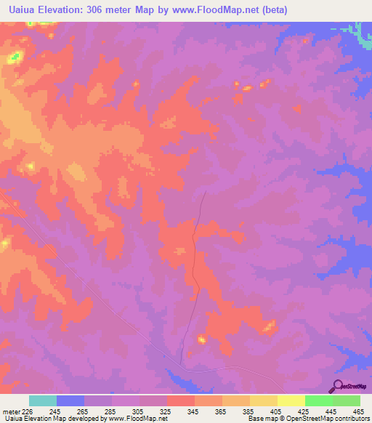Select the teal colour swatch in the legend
pyautogui.click(x=43, y=400)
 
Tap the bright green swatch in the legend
pyautogui.click(x=319, y=400)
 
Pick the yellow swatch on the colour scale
pyautogui.click(x=291, y=400)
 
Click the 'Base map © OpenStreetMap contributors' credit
pyautogui.click(x=307, y=419)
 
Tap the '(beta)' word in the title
pyautogui.click(x=275, y=10)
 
